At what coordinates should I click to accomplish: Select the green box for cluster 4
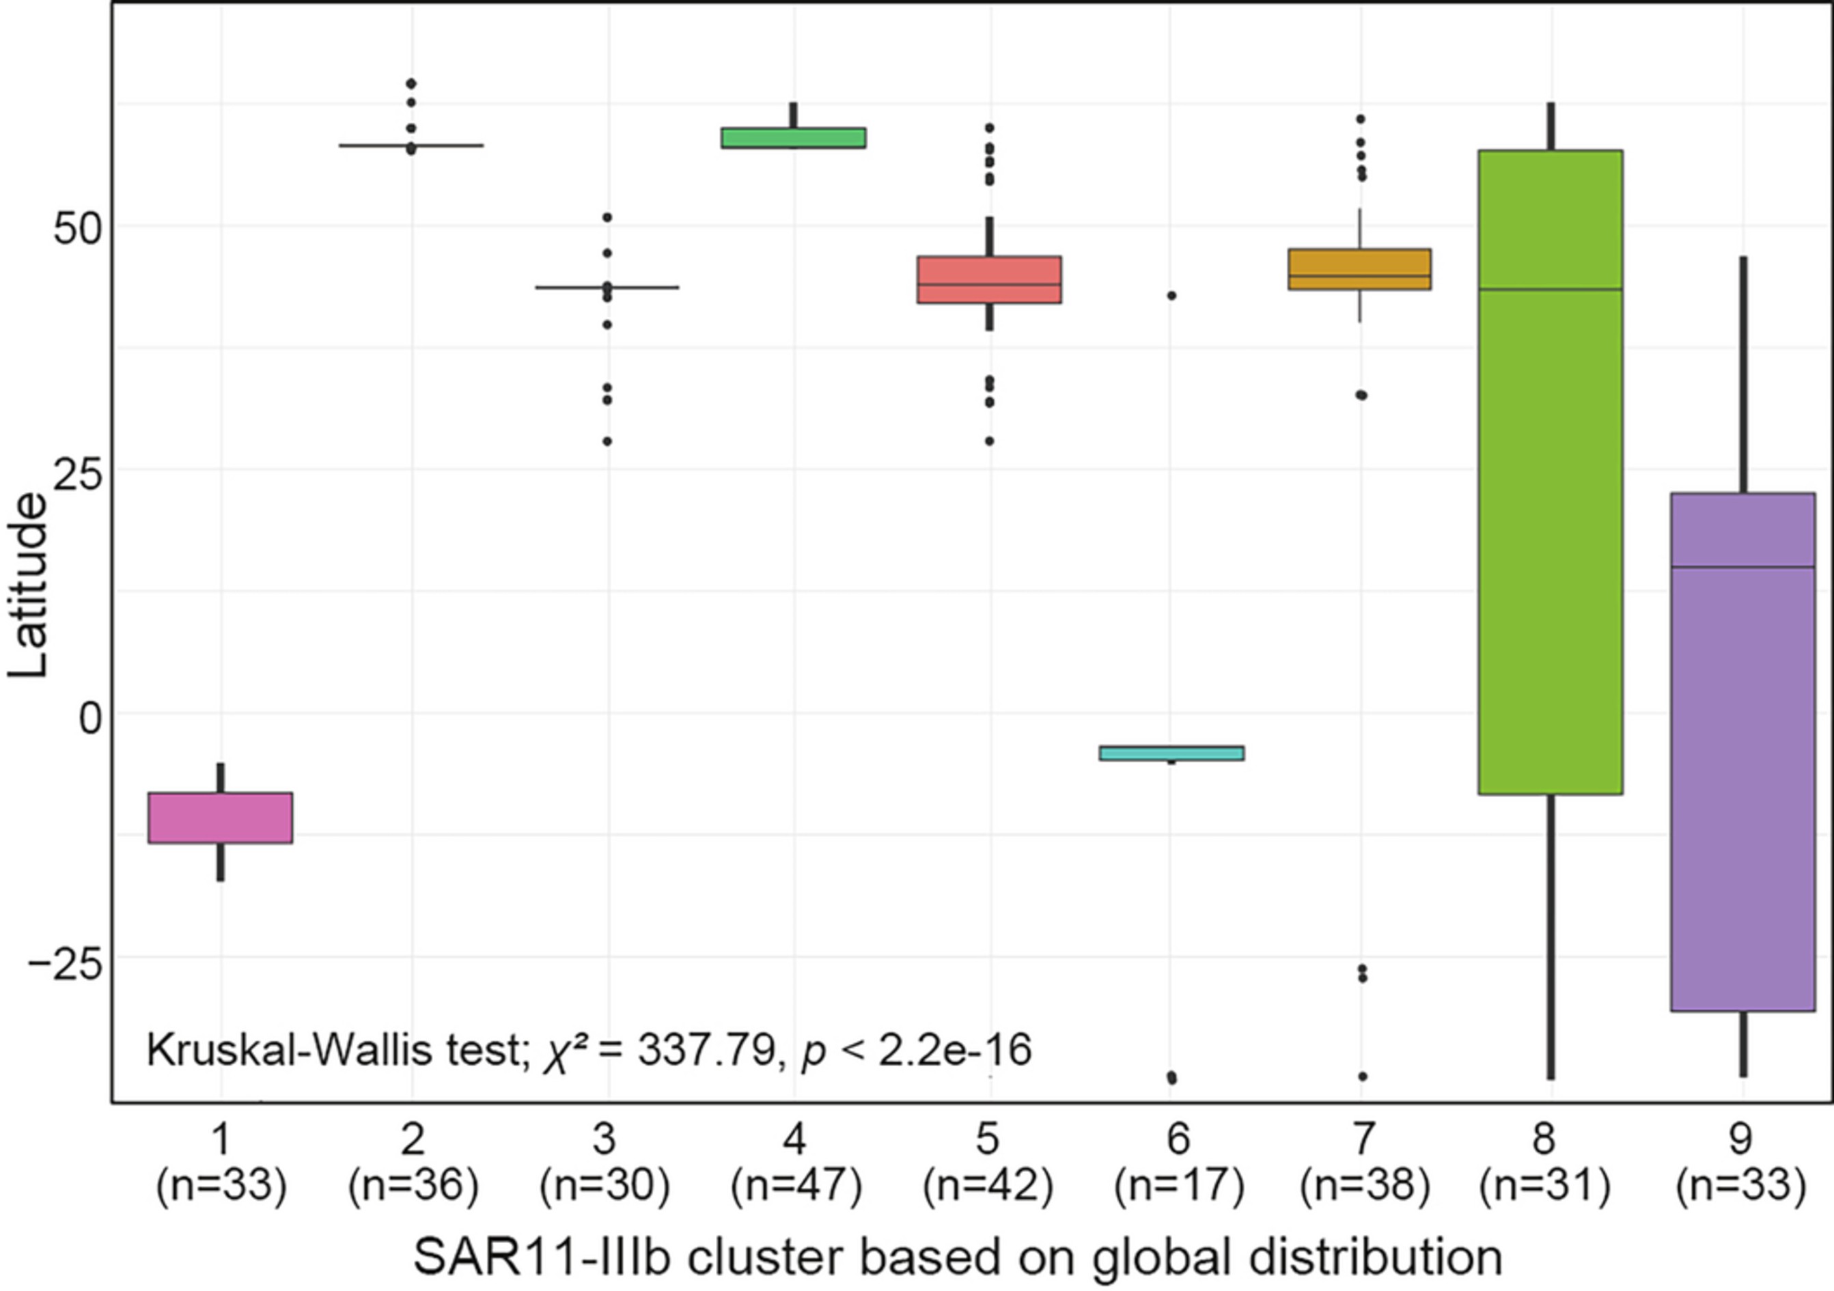pyautogui.click(x=793, y=137)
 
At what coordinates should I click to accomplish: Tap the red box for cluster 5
pyautogui.click(x=989, y=279)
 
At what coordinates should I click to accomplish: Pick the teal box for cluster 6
pyautogui.click(x=1171, y=753)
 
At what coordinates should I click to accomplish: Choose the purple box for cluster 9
pyautogui.click(x=1743, y=751)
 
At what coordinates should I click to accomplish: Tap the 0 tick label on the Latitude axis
pyautogui.click(x=89, y=717)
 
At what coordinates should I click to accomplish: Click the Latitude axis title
pyautogui.click(x=28, y=585)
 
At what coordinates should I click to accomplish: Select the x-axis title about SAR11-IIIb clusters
pyautogui.click(x=957, y=1257)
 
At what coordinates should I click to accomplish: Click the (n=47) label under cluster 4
pyautogui.click(x=796, y=1186)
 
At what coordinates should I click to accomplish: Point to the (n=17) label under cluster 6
pyautogui.click(x=1179, y=1186)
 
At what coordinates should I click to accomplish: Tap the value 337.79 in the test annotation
pyautogui.click(x=706, y=1050)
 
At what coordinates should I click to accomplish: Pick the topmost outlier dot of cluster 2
pyautogui.click(x=411, y=83)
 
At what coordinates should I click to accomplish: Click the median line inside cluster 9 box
pyautogui.click(x=1743, y=567)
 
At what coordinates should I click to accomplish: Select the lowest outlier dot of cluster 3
pyautogui.click(x=607, y=441)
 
